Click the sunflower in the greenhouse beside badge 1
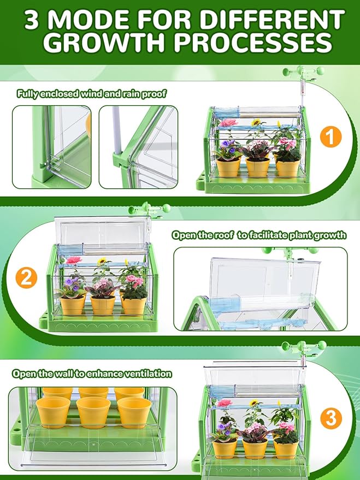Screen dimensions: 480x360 tap(256, 123)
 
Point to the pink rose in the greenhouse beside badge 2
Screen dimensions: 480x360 tap(74, 260)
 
